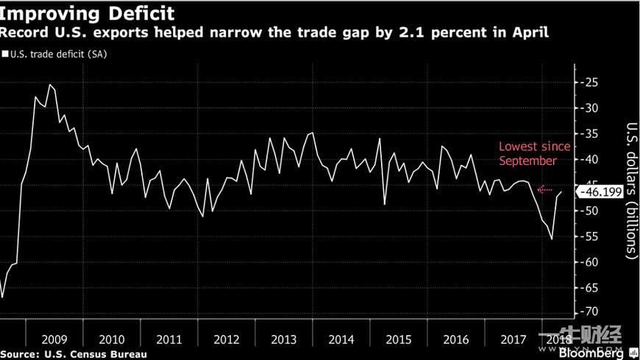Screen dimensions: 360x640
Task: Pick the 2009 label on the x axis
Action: pyautogui.click(x=54, y=339)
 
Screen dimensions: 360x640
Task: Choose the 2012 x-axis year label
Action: pyautogui.click(x=226, y=339)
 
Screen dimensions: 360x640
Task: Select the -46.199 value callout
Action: pyautogui.click(x=601, y=192)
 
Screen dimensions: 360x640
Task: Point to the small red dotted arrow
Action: pyautogui.click(x=545, y=189)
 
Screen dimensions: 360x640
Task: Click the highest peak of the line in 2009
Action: pyautogui.click(x=50, y=85)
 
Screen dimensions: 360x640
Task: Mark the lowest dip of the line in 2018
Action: pyautogui.click(x=552, y=239)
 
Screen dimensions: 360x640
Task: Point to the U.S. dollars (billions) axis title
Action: pyautogui.click(x=630, y=189)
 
